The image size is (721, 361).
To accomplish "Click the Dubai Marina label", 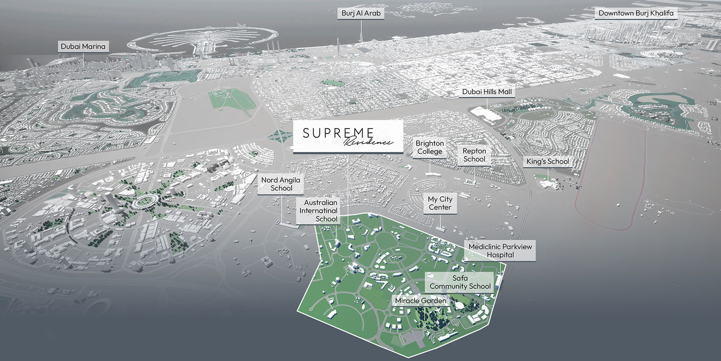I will click(x=83, y=46).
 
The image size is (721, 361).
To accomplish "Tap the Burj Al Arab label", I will click(x=361, y=14).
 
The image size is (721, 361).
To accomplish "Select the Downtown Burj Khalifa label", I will click(x=636, y=14).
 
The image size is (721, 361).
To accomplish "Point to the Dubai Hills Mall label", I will click(x=487, y=92).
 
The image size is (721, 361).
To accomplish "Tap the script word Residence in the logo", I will click(x=368, y=142).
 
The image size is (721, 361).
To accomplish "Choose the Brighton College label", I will click(x=430, y=147).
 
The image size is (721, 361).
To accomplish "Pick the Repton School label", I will click(x=474, y=155).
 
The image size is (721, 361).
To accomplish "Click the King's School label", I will click(x=547, y=161).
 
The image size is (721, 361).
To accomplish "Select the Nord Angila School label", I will click(x=281, y=184).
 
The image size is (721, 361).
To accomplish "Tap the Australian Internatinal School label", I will click(x=318, y=210).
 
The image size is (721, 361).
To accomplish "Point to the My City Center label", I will click(x=440, y=203).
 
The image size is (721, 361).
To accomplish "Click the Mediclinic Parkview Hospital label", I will click(x=500, y=250).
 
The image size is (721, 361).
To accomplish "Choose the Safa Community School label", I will click(x=460, y=282).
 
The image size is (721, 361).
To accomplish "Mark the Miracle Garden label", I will click(x=420, y=301).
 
